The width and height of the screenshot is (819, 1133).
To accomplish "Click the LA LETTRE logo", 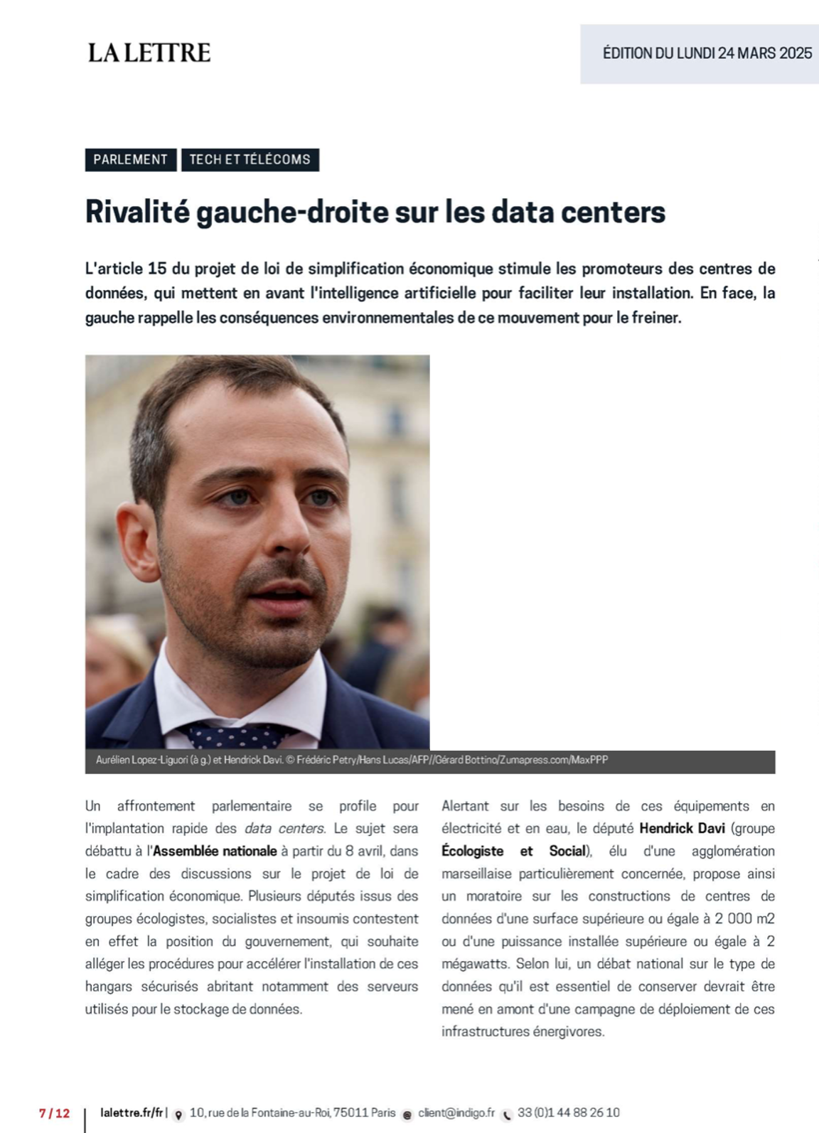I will [x=149, y=53].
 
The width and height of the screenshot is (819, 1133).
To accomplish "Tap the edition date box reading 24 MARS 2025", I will [x=707, y=53].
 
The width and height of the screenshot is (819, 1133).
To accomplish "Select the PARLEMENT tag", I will [x=130, y=159].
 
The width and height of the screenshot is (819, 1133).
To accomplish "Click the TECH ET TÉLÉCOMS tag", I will [x=250, y=159].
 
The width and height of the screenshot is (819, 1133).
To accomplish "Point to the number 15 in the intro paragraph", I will [x=157, y=269].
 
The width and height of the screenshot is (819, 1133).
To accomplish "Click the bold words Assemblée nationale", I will [x=215, y=851].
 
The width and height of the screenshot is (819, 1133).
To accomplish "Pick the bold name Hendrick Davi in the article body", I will [x=682, y=828].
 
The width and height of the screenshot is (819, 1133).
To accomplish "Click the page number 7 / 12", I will [x=55, y=1113].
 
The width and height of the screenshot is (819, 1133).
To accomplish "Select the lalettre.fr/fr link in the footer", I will [x=132, y=1112].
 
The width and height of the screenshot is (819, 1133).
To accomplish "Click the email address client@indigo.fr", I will [x=456, y=1112].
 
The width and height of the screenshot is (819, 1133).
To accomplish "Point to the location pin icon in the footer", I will [x=178, y=1114].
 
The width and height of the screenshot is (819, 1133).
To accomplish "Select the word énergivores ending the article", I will [x=568, y=1031].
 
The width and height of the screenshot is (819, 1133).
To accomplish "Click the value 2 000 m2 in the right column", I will [x=744, y=918].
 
